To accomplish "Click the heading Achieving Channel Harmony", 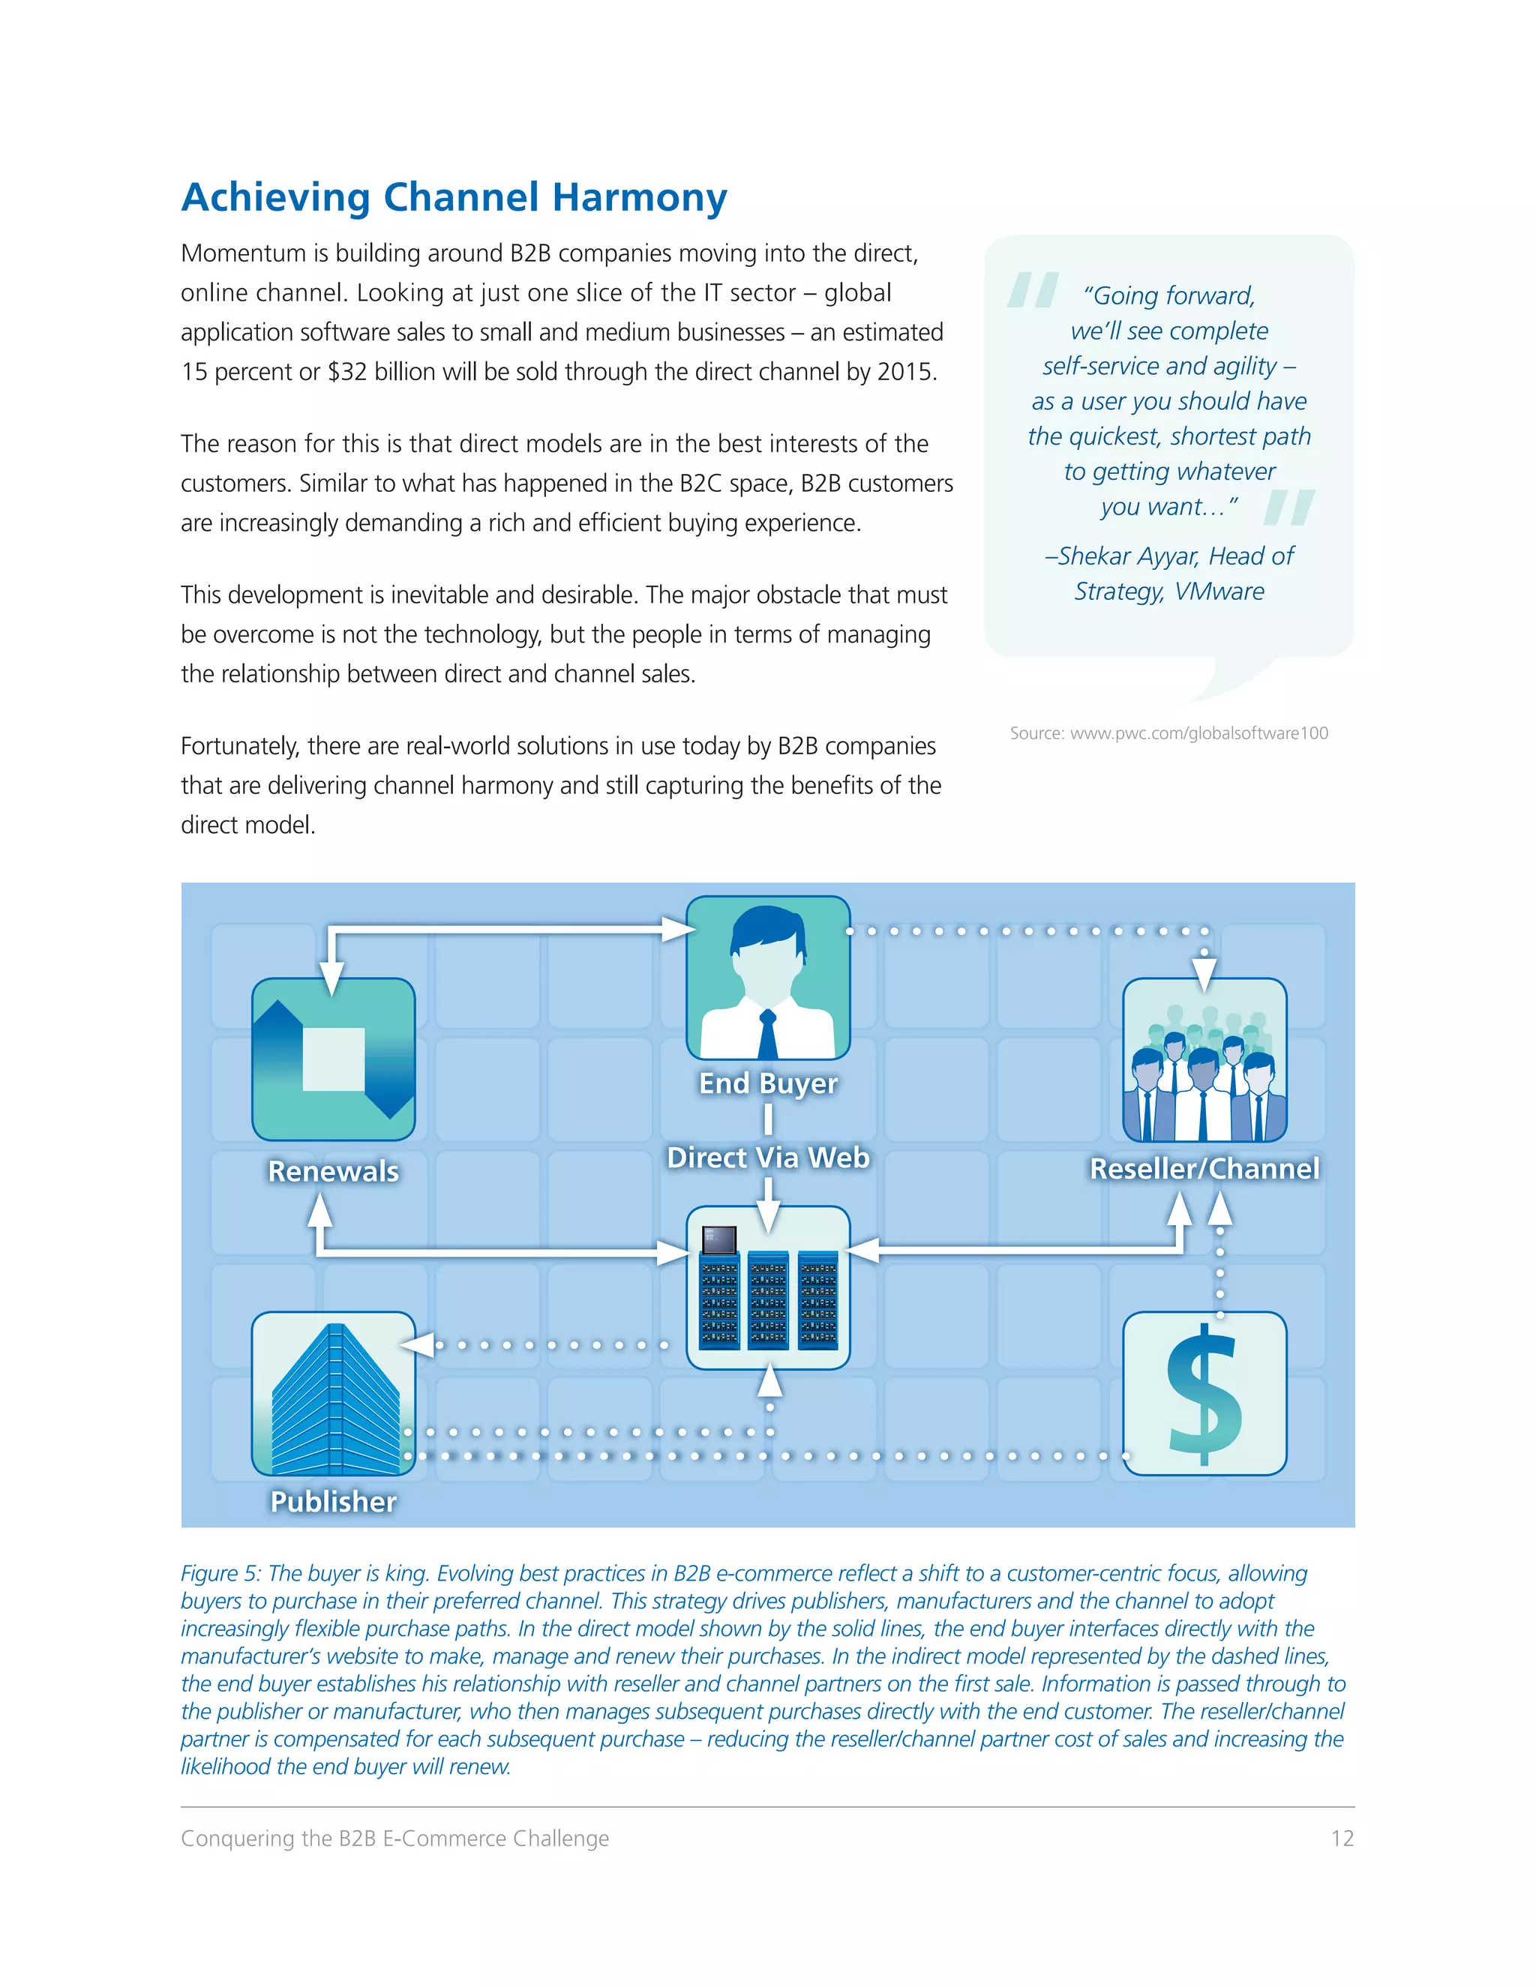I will point(454,197).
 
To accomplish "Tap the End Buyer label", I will point(768,1083).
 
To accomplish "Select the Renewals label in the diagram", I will point(333,1171).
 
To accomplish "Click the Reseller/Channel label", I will point(1204,1169).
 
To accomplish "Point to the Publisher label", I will point(333,1501).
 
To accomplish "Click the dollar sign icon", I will point(1204,1393).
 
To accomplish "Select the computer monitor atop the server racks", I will point(718,1239).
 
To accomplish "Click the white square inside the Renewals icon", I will point(333,1059).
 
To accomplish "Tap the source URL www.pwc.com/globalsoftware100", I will point(1198,733).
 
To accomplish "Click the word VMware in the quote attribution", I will point(1219,592).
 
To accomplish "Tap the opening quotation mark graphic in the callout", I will point(1033,290).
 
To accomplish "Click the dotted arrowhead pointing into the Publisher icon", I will point(417,1344).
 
